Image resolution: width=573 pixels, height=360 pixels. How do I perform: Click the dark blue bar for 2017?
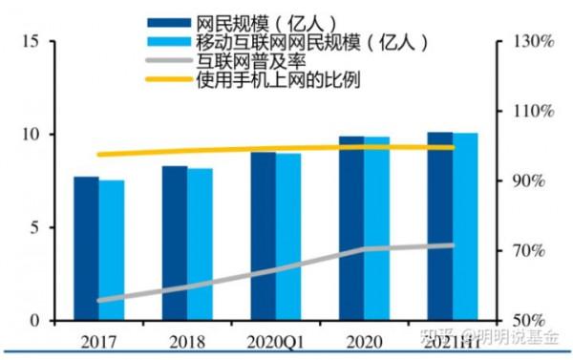[86, 248]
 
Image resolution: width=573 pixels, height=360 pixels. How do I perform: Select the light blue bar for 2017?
[112, 250]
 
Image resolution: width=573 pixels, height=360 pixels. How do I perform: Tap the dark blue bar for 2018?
[174, 244]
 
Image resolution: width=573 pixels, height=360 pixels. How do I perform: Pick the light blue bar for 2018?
[200, 244]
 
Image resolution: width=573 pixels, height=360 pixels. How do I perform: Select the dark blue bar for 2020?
[351, 228]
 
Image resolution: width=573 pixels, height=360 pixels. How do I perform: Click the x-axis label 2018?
[187, 341]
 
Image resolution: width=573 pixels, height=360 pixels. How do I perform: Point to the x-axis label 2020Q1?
[276, 341]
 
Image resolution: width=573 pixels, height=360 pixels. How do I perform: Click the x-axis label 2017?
[99, 341]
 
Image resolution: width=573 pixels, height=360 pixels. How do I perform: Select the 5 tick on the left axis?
[32, 228]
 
